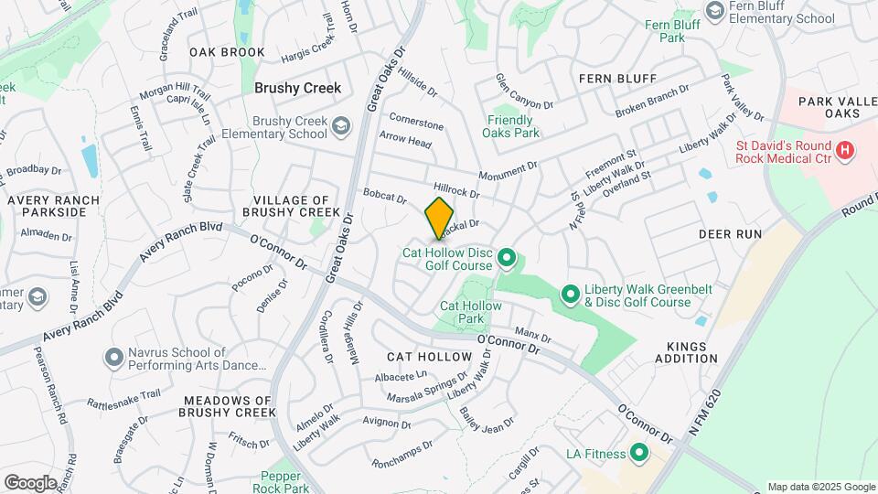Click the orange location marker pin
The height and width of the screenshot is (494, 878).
pyautogui.click(x=439, y=219)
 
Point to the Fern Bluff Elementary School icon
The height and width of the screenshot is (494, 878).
pyautogui.click(x=715, y=10)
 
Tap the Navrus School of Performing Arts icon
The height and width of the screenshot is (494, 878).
pyautogui.click(x=113, y=356)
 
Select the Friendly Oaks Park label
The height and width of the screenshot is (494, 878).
pyautogui.click(x=510, y=126)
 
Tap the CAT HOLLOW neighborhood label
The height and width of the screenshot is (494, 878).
pyautogui.click(x=428, y=356)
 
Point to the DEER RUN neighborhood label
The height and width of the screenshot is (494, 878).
pyautogui.click(x=730, y=234)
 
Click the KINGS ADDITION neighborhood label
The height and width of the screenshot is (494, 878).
pyautogui.click(x=686, y=352)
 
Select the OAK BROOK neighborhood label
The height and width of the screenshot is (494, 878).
pyautogui.click(x=227, y=52)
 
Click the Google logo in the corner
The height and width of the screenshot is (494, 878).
pyautogui.click(x=30, y=482)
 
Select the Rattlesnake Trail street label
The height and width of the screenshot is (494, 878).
pyautogui.click(x=123, y=398)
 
